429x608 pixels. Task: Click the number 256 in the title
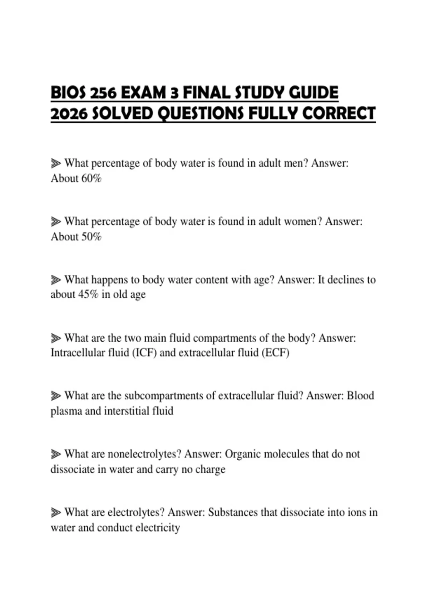tap(103, 93)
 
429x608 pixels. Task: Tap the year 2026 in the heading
tap(69, 114)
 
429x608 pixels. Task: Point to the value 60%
tap(92, 178)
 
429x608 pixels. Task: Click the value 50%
tap(92, 236)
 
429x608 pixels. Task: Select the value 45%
tap(88, 294)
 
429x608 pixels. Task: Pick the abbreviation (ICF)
tap(144, 353)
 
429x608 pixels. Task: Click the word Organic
tap(243, 454)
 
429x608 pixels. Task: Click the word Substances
tap(233, 513)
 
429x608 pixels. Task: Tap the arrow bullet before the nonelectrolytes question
tap(55, 454)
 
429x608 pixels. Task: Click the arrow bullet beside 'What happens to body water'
tap(55, 280)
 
